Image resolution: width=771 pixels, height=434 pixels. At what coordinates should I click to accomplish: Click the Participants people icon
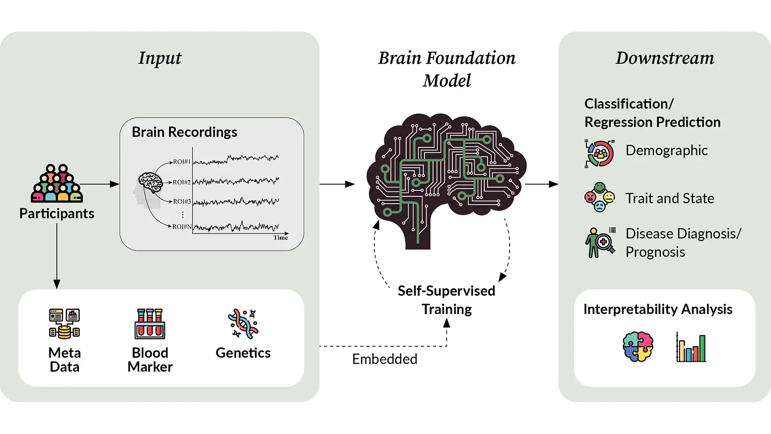point(57,183)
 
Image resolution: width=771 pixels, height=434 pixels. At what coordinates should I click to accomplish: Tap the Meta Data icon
point(64,323)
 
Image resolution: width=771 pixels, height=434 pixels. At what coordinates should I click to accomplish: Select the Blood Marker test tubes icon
point(150,324)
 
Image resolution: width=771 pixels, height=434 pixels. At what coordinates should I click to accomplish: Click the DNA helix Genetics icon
point(243,324)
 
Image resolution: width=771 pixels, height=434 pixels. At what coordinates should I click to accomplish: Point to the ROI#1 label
point(182,162)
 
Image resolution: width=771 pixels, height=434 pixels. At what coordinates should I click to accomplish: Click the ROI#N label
point(182,226)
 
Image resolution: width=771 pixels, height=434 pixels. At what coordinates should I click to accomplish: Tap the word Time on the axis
point(280,238)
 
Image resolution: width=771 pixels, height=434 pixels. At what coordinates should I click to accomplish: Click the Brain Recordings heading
point(185,132)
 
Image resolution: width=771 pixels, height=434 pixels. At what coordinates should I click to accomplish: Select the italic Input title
point(160,58)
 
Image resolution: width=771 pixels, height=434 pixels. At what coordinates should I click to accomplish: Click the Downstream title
point(665,58)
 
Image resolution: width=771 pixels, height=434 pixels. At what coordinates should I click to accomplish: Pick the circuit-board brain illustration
point(446,178)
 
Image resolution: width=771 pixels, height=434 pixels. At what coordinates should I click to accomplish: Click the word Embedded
point(385,359)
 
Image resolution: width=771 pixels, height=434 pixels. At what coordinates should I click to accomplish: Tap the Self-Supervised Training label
point(447,299)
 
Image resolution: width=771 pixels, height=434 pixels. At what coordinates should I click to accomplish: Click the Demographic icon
point(599,153)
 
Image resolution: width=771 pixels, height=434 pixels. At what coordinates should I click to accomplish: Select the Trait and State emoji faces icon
point(599,197)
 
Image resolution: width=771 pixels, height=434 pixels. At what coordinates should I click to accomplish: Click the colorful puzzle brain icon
point(638,346)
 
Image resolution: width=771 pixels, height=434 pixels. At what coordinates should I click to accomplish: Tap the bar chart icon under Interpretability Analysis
point(691,347)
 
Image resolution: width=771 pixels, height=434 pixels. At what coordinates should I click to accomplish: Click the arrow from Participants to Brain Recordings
point(100,184)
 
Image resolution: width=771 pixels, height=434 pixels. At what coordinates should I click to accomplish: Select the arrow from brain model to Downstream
point(541,184)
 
